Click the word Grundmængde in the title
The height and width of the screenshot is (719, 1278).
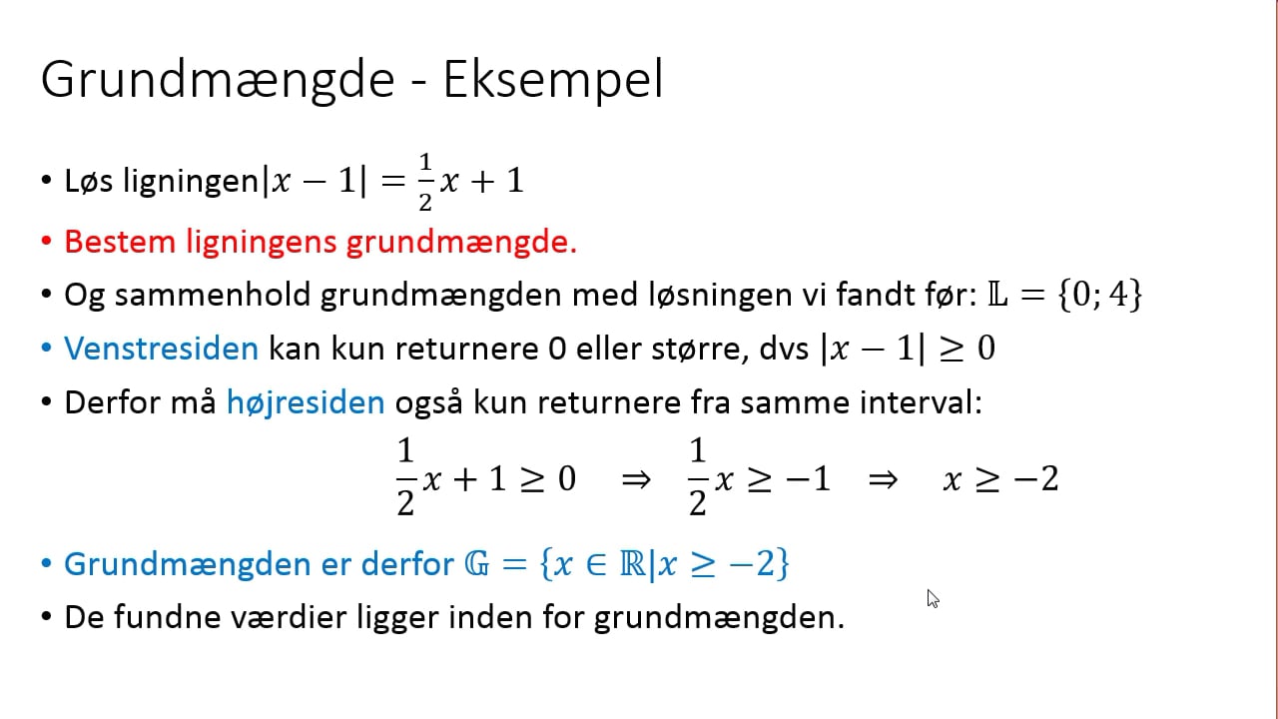218,80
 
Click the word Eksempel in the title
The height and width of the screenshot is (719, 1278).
553,80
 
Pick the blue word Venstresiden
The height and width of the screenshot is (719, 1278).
161,349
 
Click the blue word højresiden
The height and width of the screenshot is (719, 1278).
306,402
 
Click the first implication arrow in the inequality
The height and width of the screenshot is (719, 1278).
635,480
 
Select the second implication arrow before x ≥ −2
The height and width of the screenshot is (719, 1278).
883,480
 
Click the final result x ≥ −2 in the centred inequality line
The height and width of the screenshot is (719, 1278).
1000,480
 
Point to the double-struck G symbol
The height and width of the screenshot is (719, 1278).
476,564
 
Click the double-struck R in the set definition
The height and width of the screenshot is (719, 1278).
631,564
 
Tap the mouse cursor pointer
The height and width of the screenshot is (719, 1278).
932,597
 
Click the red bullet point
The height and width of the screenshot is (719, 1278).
46,243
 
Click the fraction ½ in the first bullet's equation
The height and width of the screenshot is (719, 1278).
425,183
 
